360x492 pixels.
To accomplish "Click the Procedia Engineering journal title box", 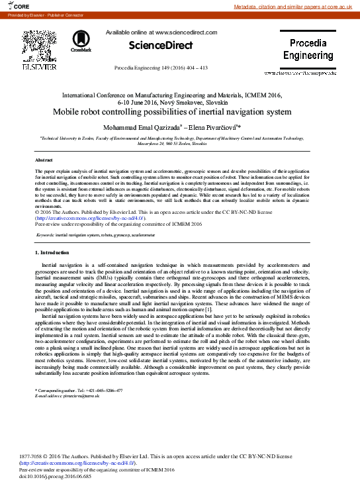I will (x=308, y=50).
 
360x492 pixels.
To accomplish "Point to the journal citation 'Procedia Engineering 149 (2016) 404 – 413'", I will (x=161, y=68).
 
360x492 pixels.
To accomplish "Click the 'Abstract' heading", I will (x=44, y=161).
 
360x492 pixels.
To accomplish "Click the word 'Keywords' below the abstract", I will (x=45, y=235).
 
